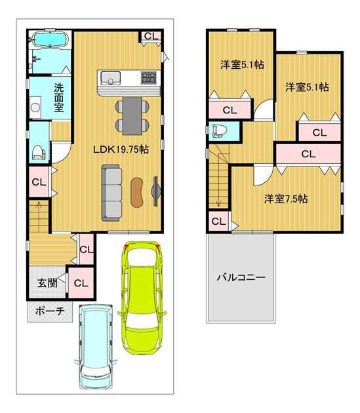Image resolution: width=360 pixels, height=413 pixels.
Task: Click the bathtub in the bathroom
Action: tap(50, 40)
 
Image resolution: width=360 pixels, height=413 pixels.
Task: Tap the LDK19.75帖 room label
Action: tap(121, 149)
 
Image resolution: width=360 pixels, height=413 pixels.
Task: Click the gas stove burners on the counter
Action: tap(149, 78)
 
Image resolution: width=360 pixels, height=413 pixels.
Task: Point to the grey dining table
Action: tap(132, 116)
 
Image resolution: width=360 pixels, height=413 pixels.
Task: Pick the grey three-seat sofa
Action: tap(111, 193)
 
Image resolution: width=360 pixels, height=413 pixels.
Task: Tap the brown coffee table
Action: tap(137, 192)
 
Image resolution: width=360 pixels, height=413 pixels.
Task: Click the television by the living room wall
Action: tap(155, 191)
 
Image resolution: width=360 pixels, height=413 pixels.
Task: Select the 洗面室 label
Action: tap(59, 98)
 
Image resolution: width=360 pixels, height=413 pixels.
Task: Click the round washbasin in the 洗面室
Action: tap(35, 108)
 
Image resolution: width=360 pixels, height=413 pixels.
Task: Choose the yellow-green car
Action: tap(142, 298)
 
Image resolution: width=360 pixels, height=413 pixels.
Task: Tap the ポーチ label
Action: tap(50, 311)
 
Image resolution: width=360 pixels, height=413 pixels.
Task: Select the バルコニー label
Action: tap(241, 277)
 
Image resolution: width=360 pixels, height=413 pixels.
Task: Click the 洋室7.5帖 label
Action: tap(286, 199)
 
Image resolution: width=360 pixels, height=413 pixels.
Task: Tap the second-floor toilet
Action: tap(220, 131)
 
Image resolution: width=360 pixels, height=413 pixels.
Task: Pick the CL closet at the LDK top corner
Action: tap(151, 36)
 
